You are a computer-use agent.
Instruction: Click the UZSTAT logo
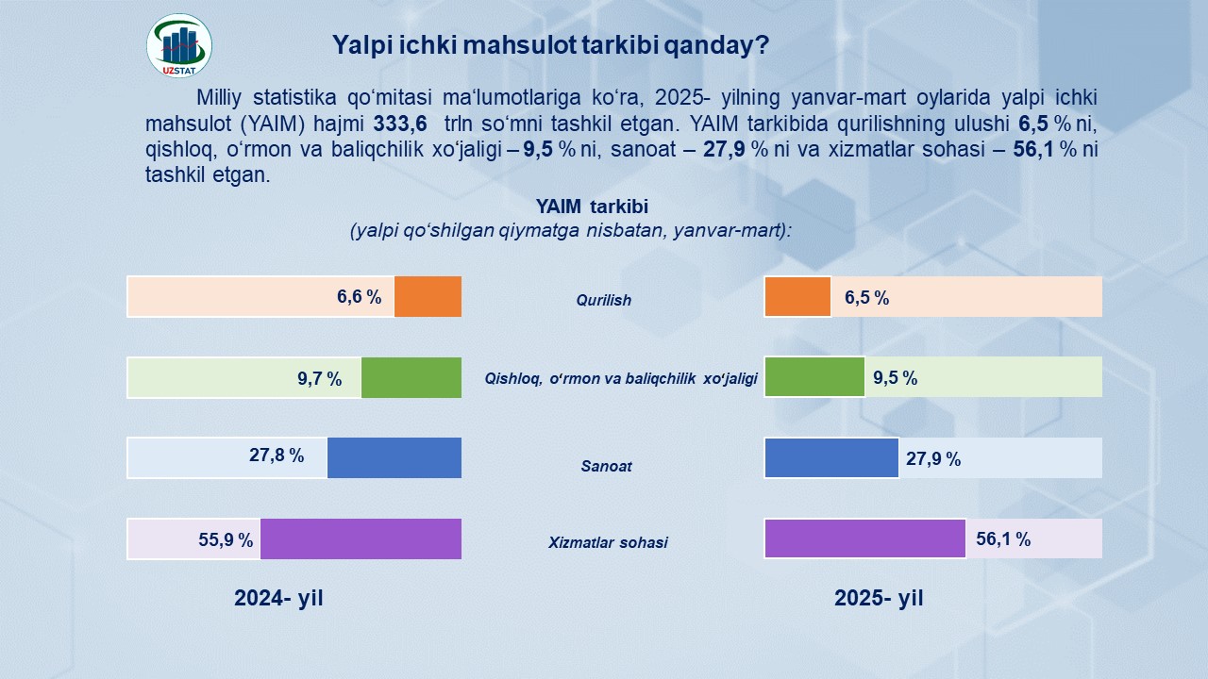pos(179,45)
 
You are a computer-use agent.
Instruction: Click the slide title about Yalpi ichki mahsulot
pos(550,45)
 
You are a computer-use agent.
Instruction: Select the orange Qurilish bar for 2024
pos(428,296)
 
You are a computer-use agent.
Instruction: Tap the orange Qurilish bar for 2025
pos(797,296)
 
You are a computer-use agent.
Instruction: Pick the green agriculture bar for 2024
pos(411,377)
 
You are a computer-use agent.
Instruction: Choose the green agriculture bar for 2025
pos(814,377)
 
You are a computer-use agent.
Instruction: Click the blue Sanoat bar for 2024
pos(394,457)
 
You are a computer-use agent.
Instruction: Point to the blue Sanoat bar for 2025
pos(831,457)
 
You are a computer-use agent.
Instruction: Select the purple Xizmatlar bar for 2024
pos(361,538)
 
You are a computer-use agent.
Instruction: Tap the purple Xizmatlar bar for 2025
pos(864,538)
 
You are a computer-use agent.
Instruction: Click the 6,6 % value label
pos(359,297)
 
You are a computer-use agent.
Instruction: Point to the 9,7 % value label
pos(319,379)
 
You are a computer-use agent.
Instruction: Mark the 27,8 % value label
pos(277,456)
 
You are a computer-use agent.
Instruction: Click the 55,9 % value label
pos(226,540)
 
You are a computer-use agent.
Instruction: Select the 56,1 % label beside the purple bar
pos(1003,539)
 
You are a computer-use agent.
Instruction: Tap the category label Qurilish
pos(604,301)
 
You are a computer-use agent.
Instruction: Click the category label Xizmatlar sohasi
pos(608,543)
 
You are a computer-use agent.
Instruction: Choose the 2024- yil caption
pos(278,598)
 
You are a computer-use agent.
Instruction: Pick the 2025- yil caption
pos(879,598)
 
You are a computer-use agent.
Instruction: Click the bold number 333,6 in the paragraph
pos(400,123)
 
